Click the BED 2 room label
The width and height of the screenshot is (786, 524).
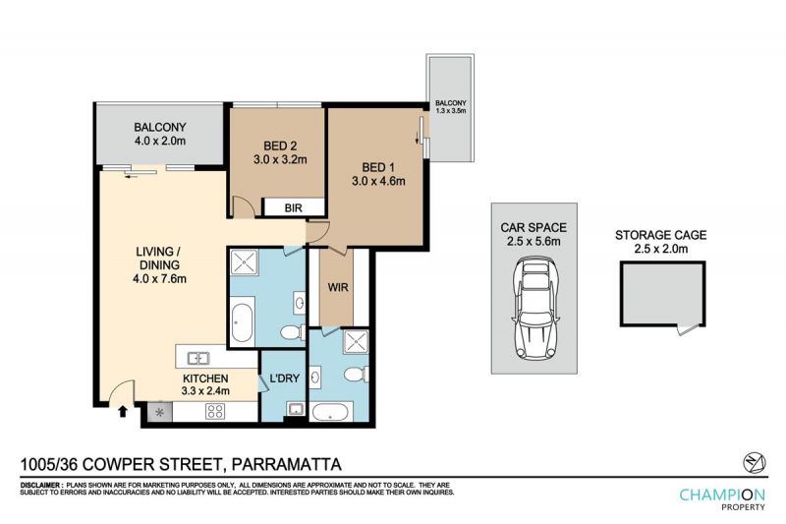(x=280, y=146)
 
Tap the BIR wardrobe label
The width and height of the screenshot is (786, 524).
(x=293, y=207)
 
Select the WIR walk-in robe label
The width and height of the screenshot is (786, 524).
(x=337, y=288)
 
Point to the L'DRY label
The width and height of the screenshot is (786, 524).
(x=284, y=378)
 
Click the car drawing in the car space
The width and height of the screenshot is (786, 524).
(x=534, y=309)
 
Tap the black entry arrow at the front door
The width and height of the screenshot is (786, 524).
(x=122, y=411)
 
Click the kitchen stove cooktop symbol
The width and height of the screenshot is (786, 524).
(x=215, y=412)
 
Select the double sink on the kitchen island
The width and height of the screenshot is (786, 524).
(x=198, y=358)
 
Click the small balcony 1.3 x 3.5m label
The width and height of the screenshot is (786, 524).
(x=451, y=107)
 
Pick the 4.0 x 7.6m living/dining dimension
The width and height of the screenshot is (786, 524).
(x=159, y=279)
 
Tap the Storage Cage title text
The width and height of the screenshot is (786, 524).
(x=660, y=235)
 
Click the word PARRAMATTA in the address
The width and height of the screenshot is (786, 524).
(x=286, y=464)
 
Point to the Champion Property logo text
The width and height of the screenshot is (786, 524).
(x=722, y=498)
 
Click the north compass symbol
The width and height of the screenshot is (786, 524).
(x=755, y=461)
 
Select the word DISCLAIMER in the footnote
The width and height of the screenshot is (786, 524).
(x=41, y=486)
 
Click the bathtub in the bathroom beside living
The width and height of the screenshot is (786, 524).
(x=243, y=320)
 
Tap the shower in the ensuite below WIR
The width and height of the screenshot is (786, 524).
(x=356, y=341)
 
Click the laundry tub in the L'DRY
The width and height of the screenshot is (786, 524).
(x=296, y=409)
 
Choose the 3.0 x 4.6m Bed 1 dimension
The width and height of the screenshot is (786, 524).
(x=378, y=181)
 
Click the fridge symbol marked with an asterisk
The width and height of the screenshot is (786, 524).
(x=160, y=412)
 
